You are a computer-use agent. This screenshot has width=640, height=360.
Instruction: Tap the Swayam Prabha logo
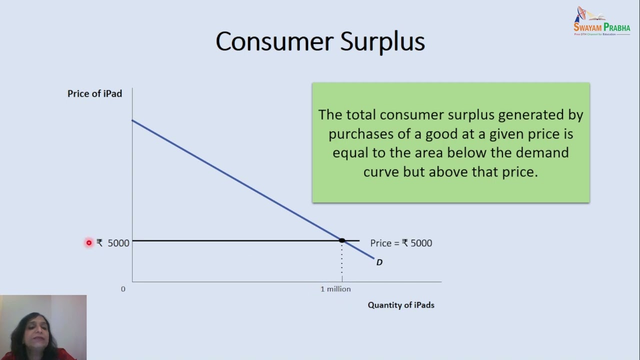click(x=601, y=21)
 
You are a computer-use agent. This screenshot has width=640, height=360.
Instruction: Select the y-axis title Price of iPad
click(x=94, y=93)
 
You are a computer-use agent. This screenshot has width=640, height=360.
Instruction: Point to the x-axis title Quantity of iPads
click(x=401, y=305)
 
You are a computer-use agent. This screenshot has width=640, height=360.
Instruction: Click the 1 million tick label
click(x=335, y=289)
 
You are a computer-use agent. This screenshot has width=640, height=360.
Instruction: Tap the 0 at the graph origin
click(x=123, y=289)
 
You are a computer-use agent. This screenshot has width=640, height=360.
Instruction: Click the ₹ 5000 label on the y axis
click(x=113, y=243)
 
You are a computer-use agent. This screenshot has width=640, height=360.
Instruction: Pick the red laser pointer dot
click(x=89, y=243)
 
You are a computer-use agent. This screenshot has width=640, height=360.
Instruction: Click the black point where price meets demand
click(x=342, y=240)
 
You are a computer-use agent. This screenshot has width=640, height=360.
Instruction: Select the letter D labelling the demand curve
click(x=379, y=262)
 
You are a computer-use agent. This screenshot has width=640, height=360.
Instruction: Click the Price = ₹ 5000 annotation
click(x=401, y=243)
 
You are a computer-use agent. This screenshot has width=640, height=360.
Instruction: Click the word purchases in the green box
click(x=360, y=134)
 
